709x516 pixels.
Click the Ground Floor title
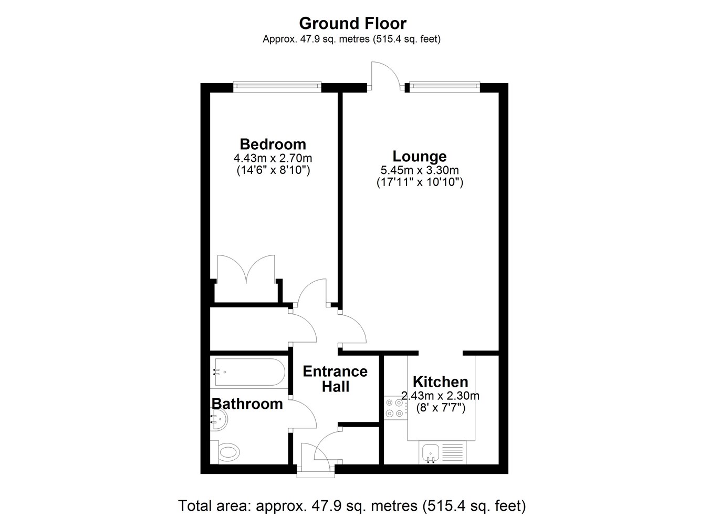[352, 23]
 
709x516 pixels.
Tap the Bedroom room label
[273, 144]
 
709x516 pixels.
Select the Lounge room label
[420, 156]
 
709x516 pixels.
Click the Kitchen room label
[440, 381]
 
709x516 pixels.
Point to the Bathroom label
[247, 404]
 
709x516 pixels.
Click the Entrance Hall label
[335, 379]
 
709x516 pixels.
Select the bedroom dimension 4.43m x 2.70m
[273, 158]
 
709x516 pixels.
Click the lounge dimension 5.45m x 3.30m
[420, 170]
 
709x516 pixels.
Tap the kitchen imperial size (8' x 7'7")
[440, 408]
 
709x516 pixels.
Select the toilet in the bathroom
[227, 451]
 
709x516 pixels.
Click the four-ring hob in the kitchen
[394, 408]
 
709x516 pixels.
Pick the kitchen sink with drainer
[442, 452]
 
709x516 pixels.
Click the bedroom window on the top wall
[277, 86]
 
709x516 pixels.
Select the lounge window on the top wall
[444, 86]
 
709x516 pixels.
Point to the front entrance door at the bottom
[316, 460]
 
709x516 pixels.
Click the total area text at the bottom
[352, 506]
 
